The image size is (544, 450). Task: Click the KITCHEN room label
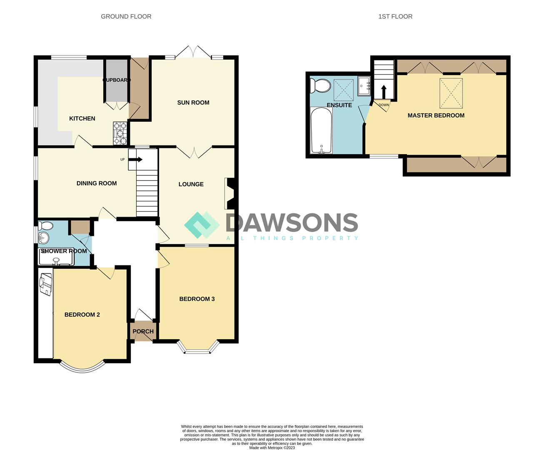[x=82, y=119]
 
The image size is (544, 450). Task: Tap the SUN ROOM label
[x=193, y=102]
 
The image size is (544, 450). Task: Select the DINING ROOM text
[x=97, y=183]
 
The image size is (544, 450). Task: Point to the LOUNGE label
[x=191, y=184]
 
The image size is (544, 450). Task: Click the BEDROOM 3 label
[x=197, y=299]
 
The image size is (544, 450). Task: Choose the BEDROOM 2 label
[x=82, y=315]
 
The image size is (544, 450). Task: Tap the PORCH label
[x=143, y=332]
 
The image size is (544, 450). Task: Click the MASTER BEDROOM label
[x=436, y=115]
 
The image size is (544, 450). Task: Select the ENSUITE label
[x=339, y=105]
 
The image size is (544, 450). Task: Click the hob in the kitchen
[x=120, y=133]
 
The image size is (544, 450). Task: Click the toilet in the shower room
[x=45, y=226]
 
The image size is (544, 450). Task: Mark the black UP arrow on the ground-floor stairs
[x=138, y=160]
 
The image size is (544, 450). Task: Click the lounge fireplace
[x=229, y=194]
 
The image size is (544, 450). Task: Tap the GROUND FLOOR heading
[x=126, y=17]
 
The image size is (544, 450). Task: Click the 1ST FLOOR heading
[x=395, y=17]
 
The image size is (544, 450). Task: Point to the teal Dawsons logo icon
[x=202, y=225]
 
